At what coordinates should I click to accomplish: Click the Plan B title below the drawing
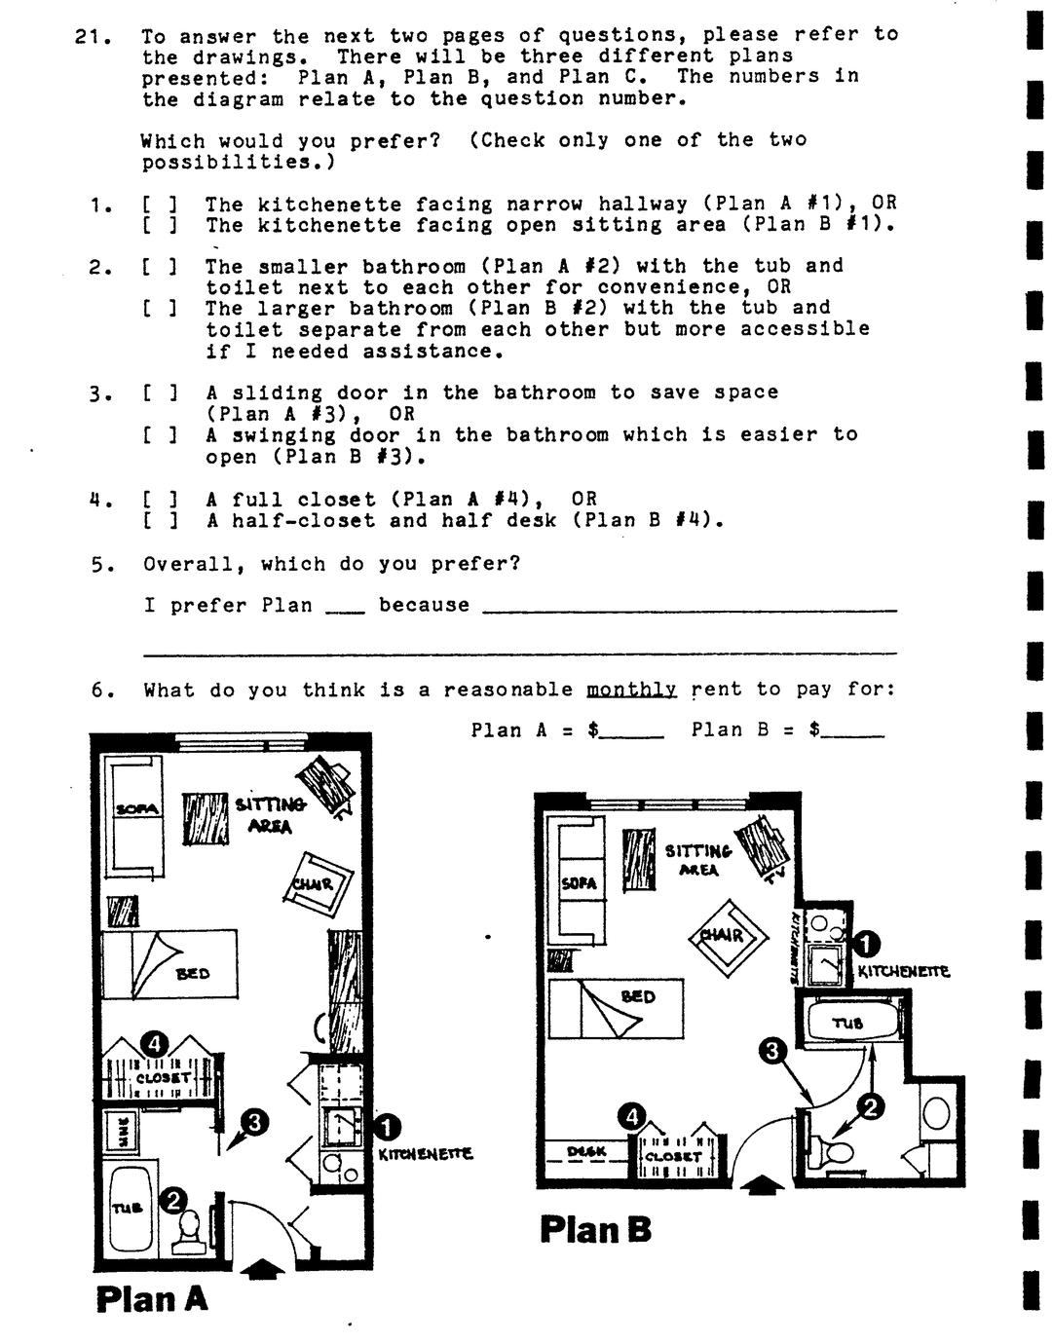(595, 1229)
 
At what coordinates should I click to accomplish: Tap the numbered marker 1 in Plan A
(388, 1126)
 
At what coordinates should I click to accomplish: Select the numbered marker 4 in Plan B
(633, 1116)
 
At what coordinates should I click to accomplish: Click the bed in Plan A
(171, 964)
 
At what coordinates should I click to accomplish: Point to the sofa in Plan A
(134, 816)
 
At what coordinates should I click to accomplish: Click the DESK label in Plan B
(586, 1151)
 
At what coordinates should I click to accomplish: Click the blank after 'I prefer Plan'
(345, 608)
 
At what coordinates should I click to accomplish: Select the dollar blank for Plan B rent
(853, 731)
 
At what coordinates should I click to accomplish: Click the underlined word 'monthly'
(631, 691)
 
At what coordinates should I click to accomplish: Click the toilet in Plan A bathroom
(190, 1230)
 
